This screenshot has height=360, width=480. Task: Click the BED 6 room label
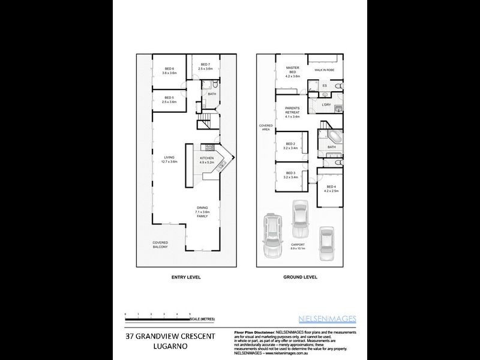[169, 69]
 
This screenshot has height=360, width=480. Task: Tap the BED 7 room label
[205, 65]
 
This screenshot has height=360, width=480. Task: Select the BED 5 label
[169, 98]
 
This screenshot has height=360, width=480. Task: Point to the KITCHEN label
[207, 158]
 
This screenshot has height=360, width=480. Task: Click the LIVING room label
[169, 158]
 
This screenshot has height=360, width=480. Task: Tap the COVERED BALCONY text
[160, 244]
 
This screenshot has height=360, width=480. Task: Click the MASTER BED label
[292, 68]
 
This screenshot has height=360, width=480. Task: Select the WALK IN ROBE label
[325, 70]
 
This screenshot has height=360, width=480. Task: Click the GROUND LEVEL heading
[300, 278]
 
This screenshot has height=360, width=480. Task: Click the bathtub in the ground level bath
[333, 136]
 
